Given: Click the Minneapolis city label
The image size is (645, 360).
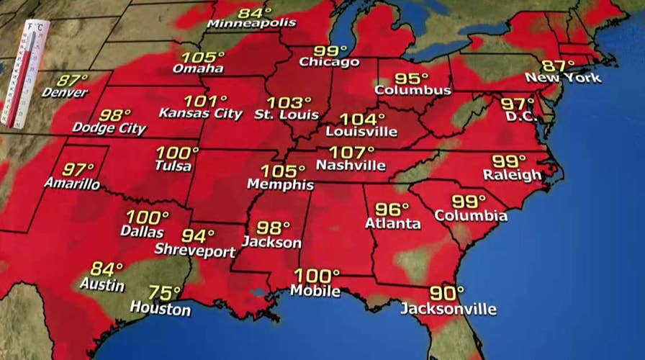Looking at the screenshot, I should click(251, 24).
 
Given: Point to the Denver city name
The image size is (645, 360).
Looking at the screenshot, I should click(65, 92).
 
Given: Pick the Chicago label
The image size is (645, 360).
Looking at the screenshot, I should click(330, 62).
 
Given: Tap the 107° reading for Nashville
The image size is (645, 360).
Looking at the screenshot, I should click(353, 153).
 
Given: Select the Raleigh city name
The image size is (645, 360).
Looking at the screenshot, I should click(516, 175).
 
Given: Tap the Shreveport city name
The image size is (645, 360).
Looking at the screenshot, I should click(196, 251).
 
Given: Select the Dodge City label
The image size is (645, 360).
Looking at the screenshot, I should click(109, 128).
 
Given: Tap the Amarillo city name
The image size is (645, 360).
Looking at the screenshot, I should click(72, 184).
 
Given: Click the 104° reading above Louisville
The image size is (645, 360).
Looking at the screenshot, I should click(351, 119).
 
